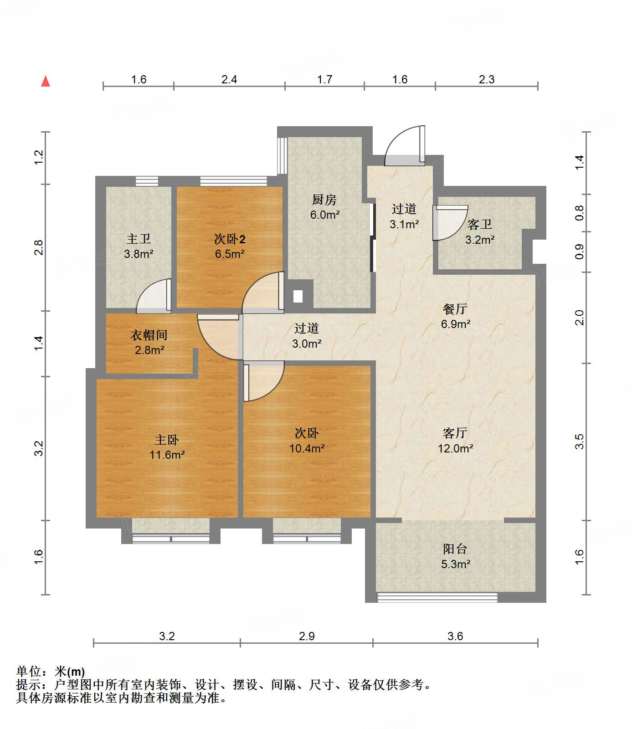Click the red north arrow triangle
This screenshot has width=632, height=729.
[46, 81]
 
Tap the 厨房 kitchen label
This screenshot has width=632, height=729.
[324, 200]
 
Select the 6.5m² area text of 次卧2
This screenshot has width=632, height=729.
[230, 254]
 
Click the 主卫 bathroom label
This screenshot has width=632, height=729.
[139, 239]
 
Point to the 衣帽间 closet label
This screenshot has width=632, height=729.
[149, 335]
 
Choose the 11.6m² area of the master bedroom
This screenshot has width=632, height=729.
[167, 455]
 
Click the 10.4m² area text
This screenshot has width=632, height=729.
[307, 448]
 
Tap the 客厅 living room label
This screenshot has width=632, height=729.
[455, 433]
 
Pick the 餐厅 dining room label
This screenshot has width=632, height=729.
[455, 309]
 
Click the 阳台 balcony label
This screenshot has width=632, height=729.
[455, 549]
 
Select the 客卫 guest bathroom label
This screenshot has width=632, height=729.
[480, 224]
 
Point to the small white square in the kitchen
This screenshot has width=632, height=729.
[298, 296]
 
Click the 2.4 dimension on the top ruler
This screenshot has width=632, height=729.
[229, 80]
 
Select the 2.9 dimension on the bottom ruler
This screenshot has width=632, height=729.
[307, 636]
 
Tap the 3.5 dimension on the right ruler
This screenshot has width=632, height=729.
[579, 442]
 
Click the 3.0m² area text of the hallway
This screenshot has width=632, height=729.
[307, 344]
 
